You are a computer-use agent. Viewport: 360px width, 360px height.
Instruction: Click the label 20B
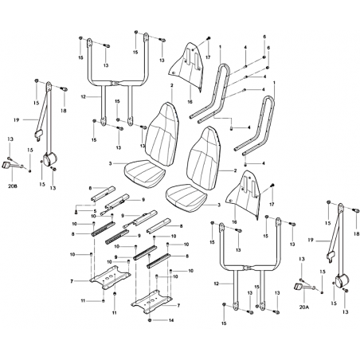pos(13,186)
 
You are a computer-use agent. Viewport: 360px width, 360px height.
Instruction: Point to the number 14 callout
pos(171,320)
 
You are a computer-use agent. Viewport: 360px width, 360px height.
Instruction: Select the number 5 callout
pos(95,211)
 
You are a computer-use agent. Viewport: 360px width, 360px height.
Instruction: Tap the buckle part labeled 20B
pos(7,165)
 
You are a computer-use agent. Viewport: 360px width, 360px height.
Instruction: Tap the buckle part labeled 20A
pos(299,286)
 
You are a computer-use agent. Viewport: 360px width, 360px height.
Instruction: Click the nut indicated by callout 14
pos(150,320)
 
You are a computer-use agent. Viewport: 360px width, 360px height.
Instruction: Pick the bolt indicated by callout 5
pos(76,212)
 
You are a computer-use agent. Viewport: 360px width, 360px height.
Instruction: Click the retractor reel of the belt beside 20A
pos(342,280)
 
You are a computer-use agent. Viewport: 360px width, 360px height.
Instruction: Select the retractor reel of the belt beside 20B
pos(50,158)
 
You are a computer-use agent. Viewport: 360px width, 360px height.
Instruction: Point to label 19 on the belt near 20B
pos(16,120)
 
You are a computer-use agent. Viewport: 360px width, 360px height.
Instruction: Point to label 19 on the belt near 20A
pos(311,241)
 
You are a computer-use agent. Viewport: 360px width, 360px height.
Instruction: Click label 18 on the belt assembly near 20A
pos(356,234)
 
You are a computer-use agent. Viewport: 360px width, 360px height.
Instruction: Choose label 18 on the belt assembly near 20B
pos(64,111)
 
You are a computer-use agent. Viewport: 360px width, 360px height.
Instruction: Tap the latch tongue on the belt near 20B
pos(39,134)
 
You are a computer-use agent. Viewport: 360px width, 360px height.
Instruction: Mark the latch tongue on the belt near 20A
pos(331,256)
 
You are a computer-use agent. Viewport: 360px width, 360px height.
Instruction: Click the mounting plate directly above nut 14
pos(152,301)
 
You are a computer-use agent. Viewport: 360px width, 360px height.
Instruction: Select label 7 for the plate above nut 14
pos(178,306)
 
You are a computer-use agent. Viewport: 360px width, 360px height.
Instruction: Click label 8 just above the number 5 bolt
pos(90,188)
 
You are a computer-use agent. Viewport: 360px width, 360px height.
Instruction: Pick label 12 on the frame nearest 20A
pos(217,284)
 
